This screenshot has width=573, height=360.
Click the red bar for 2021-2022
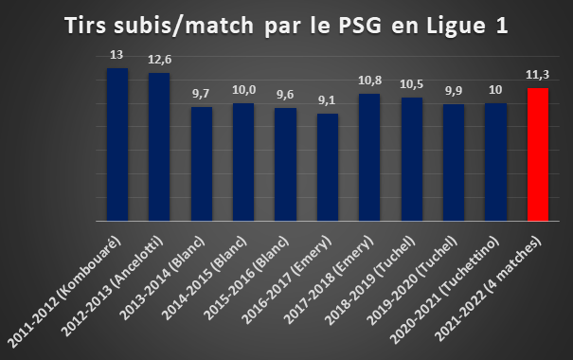coord(538,154)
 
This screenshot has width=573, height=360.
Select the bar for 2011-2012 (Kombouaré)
coord(117,145)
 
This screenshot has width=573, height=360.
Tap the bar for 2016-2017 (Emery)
coord(328,168)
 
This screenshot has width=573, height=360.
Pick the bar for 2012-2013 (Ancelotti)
coord(159,147)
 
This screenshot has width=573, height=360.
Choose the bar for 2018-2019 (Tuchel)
coord(412,159)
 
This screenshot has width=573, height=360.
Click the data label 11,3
coord(538,75)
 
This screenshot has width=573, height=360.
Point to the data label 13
coord(116,55)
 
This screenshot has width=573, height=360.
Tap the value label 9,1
coord(327,100)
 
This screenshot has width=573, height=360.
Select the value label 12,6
coord(160,60)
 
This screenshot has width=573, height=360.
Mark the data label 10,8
coord(369,81)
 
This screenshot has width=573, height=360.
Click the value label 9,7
coord(201,94)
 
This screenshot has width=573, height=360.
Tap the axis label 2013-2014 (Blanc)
coord(162,279)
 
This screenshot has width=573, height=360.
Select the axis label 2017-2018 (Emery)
coord(329,280)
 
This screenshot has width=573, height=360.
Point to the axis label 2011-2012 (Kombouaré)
coord(64,292)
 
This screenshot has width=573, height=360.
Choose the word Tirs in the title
coord(86,26)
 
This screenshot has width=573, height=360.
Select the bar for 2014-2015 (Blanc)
coord(243,162)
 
